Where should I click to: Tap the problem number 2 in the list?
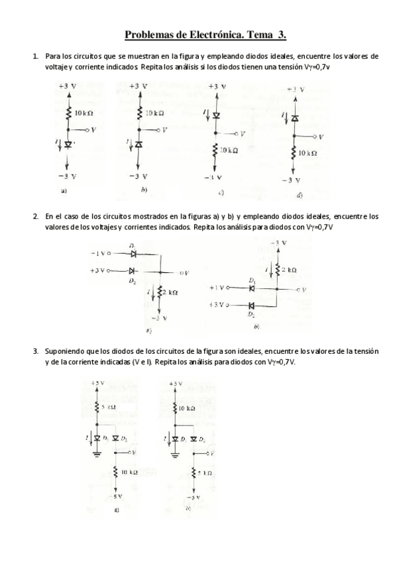point(34,216)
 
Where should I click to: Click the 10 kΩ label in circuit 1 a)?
point(83,113)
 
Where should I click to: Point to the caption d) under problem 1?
point(300,196)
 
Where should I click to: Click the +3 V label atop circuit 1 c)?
point(217,87)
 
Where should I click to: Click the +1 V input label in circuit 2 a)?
point(97,253)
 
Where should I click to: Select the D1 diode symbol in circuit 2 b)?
point(252,288)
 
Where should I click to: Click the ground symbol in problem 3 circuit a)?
point(97,455)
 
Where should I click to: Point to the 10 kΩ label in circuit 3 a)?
point(129,472)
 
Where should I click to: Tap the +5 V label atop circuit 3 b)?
point(175,384)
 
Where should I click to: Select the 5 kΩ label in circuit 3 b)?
point(203,473)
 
